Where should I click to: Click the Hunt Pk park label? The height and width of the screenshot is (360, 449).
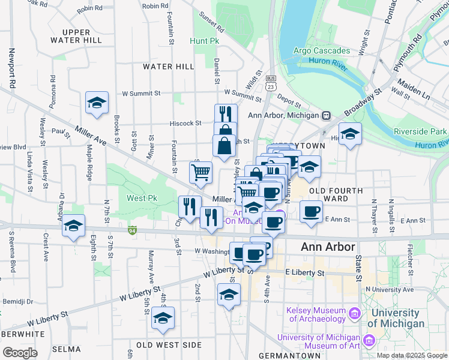pos(204,41)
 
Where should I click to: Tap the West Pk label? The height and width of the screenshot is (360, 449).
pos(142,198)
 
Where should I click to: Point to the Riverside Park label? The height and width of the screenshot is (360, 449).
pos(420,131)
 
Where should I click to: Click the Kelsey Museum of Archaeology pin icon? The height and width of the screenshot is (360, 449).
pos(355,313)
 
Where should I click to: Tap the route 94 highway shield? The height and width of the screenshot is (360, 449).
pos(133,229)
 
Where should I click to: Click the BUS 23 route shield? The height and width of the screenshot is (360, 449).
pos(271,83)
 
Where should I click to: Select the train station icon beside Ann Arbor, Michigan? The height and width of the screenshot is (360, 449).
pos(327,115)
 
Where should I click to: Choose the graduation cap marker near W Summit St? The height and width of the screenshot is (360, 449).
pos(97,103)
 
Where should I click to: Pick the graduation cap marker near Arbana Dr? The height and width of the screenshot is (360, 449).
pos(74,226)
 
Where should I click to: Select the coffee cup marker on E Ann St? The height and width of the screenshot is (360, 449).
pos(311,211)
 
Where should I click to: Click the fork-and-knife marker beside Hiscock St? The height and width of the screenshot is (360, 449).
pos(226,114)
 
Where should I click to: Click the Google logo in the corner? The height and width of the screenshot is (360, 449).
pos(20,353)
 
